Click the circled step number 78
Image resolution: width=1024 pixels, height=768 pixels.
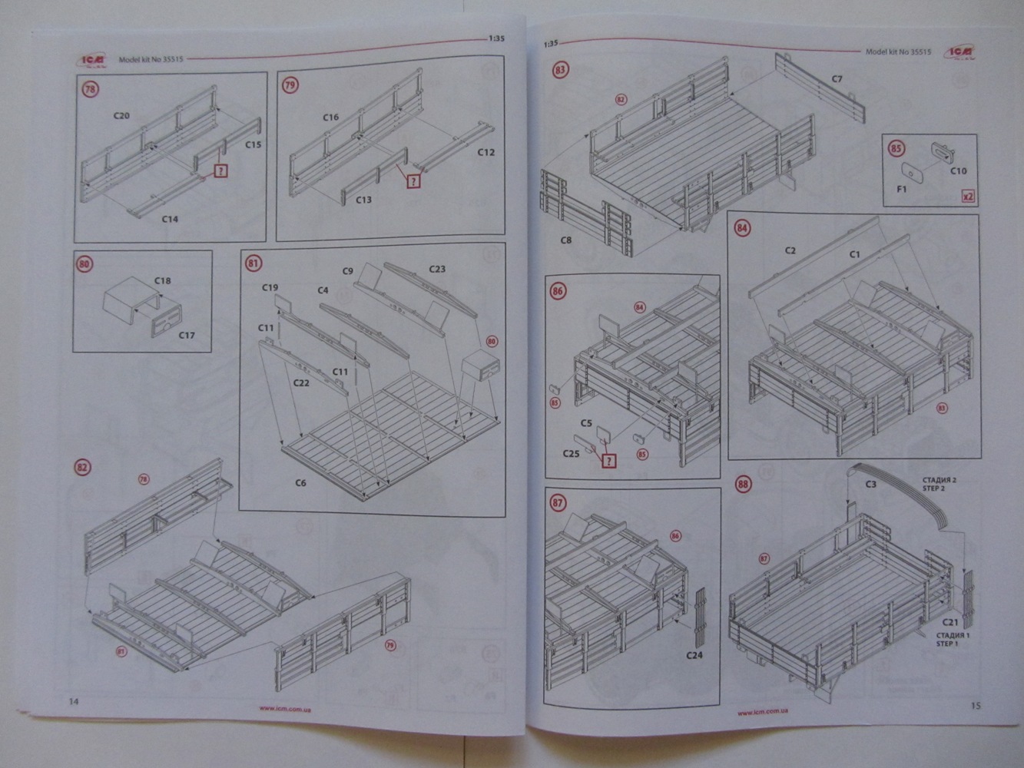91,89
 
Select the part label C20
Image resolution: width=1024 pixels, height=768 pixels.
121,116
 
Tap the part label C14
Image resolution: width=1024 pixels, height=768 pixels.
170,219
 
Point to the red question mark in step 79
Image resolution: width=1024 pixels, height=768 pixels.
414,181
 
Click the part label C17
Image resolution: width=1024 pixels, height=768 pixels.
187,335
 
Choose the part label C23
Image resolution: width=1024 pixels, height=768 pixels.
436,269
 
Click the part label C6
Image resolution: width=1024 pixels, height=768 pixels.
300,483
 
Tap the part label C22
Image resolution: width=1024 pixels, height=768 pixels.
300,382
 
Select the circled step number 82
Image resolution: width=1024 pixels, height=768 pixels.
83,468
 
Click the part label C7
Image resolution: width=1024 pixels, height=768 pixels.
837,79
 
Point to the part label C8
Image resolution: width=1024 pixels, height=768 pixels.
566,240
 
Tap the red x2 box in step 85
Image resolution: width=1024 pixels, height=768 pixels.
969,197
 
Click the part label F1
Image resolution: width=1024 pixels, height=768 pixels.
903,187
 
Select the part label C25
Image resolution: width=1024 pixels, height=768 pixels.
570,455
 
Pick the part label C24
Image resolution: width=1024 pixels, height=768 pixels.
694,655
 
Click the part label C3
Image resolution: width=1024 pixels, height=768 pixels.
870,484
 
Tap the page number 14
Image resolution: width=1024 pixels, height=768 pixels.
73,701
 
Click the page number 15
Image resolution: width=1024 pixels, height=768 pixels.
976,705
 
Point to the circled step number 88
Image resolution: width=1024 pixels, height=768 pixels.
743,485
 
